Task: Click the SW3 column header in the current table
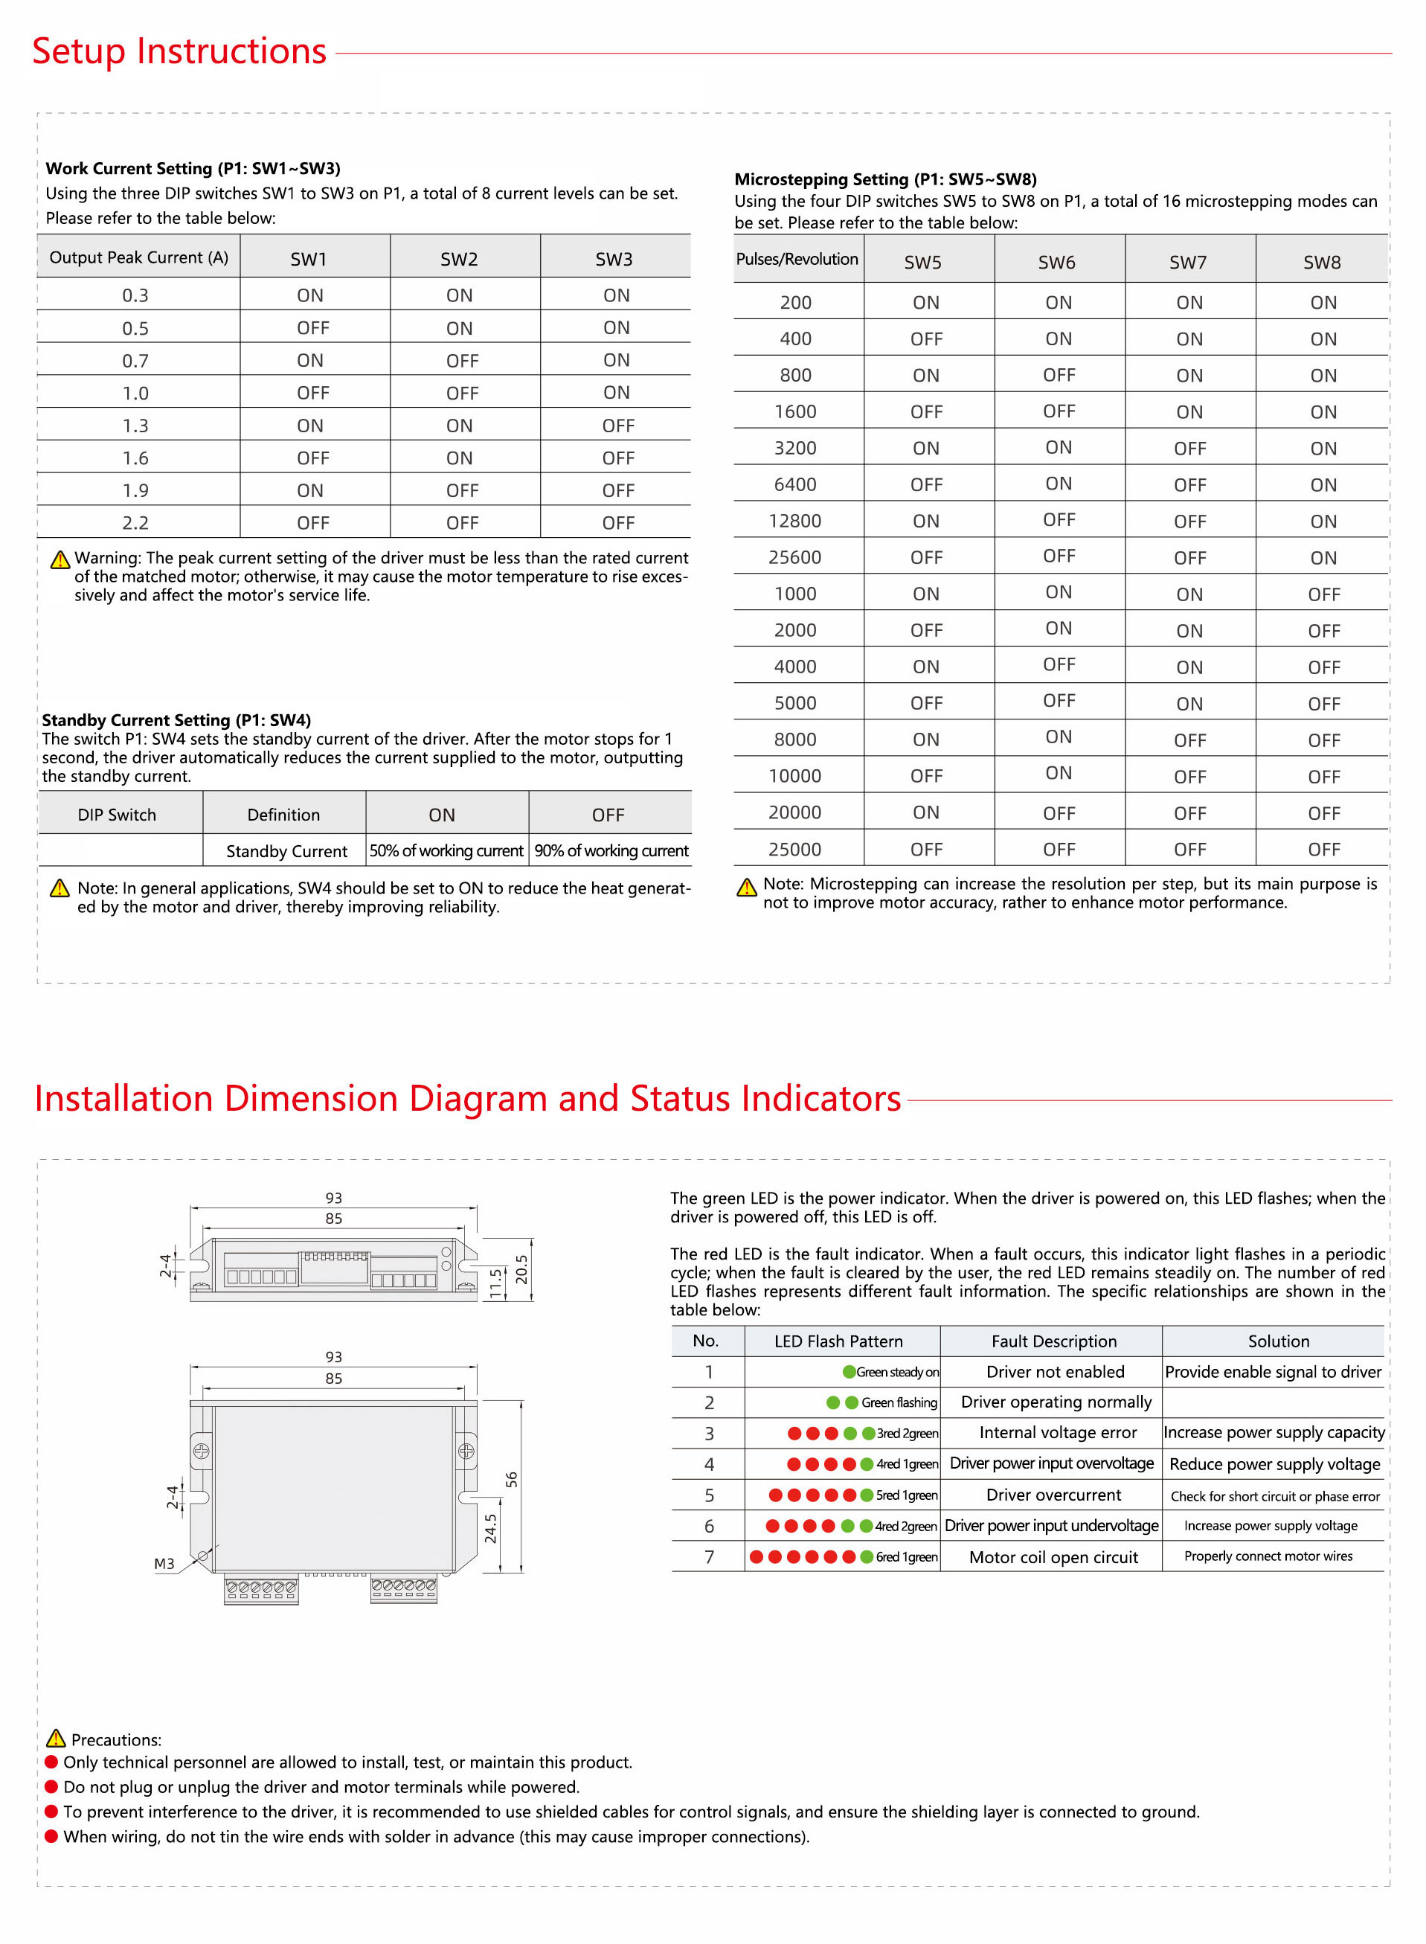click(614, 259)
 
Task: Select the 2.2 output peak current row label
click(135, 523)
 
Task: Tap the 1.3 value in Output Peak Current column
click(135, 426)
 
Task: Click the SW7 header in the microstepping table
click(1188, 263)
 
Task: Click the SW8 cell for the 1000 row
click(1323, 594)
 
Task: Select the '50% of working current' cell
click(446, 851)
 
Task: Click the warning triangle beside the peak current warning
click(60, 560)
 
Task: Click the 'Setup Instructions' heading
click(179, 51)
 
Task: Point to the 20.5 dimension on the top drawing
click(521, 1270)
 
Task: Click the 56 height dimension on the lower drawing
click(512, 1480)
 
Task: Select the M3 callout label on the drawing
click(164, 1564)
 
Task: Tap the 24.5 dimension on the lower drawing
click(491, 1529)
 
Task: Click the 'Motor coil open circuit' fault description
click(1053, 1557)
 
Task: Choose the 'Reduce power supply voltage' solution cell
click(1274, 1464)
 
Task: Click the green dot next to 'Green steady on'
click(850, 1372)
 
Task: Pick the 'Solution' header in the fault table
click(1279, 1341)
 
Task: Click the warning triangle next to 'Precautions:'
click(56, 1739)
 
